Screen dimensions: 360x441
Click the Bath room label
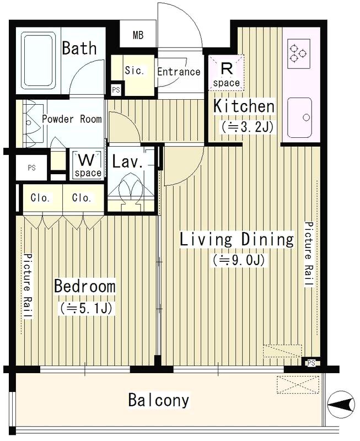tap(79, 48)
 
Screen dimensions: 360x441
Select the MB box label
tap(138, 35)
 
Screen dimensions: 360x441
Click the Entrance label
tap(179, 72)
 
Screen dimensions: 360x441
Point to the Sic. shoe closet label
tap(135, 71)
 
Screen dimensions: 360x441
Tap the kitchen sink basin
tap(299, 117)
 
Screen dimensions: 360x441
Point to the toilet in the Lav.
tap(131, 191)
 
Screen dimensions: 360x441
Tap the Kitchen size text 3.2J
tap(247, 127)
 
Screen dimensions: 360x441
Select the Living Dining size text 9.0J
tap(239, 260)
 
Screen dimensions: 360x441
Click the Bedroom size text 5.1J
tap(87, 309)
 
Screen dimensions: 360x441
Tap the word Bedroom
tap(85, 286)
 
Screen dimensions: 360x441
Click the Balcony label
tap(159, 400)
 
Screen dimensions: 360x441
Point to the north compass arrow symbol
tap(341, 405)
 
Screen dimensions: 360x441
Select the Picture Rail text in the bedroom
tap(28, 286)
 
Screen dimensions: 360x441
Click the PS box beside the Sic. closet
tap(116, 90)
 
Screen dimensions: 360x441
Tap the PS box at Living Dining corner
tap(311, 363)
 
